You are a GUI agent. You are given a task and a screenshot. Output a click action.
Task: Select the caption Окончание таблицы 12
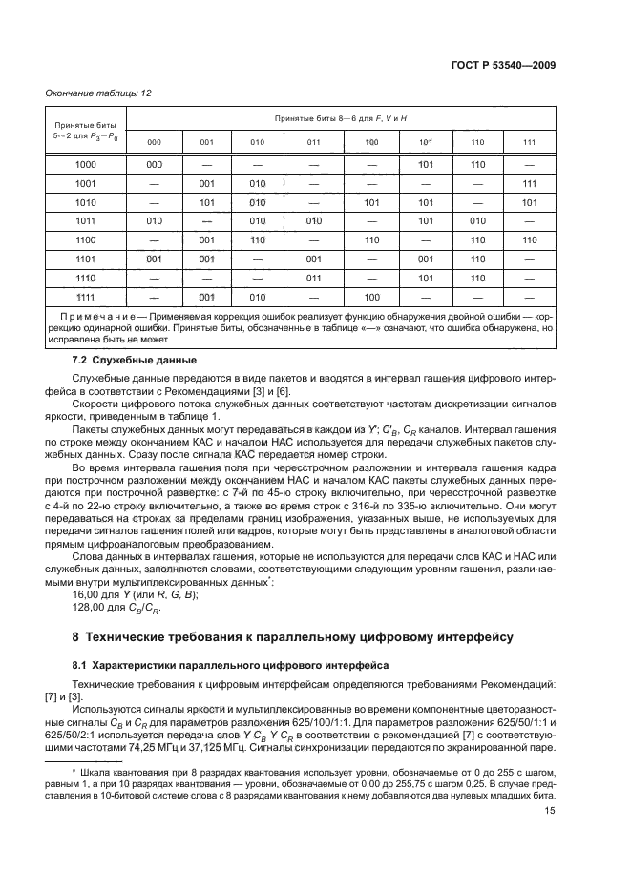coord(94,93)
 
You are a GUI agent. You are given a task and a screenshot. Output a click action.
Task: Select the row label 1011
coord(86,220)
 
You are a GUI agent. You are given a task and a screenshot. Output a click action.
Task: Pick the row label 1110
coord(86,277)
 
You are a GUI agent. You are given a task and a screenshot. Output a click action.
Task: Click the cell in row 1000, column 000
coord(154,165)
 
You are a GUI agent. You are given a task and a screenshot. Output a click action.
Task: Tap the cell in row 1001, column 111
coord(530,183)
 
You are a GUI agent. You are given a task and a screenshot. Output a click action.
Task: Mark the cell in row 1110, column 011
coord(314,277)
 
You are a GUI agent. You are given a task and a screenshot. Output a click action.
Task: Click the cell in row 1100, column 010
coord(258,239)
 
